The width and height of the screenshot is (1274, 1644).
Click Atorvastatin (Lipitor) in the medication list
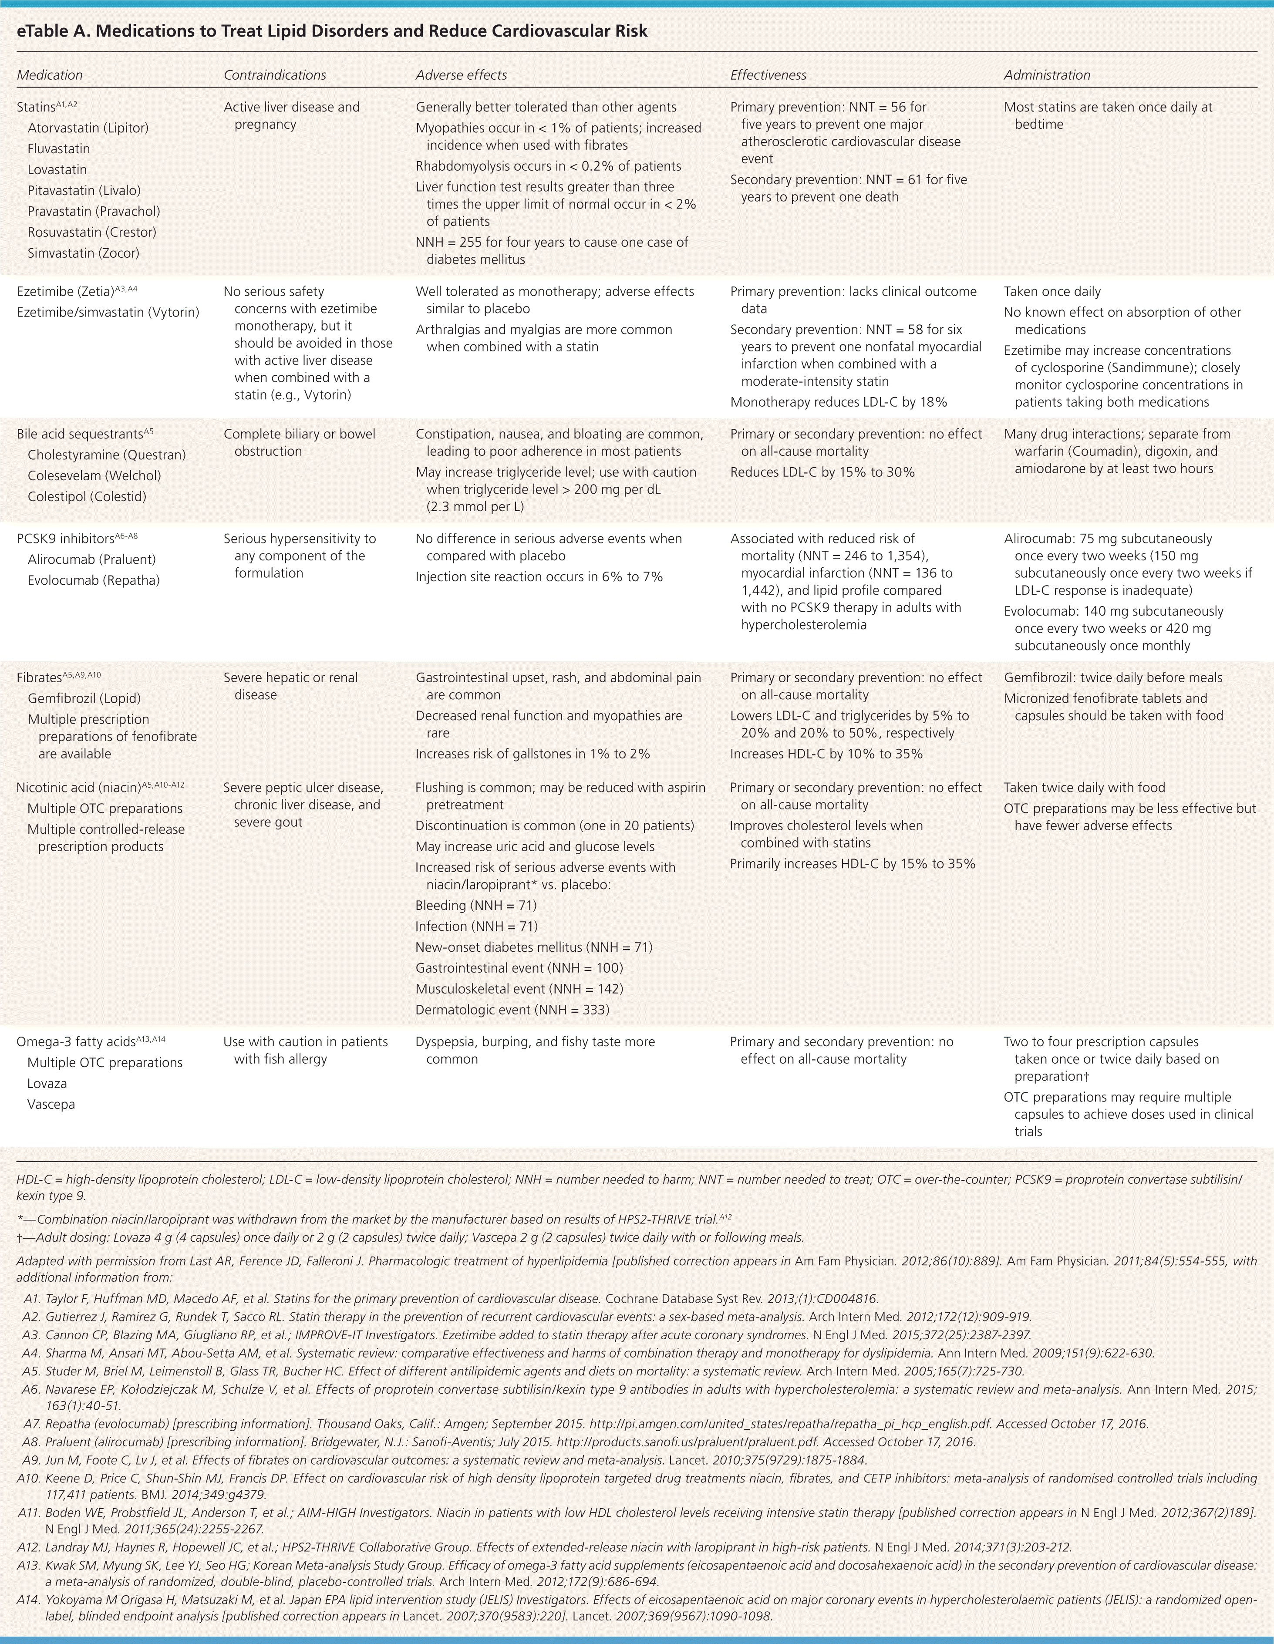88,128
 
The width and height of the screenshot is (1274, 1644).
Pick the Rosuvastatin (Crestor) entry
92,232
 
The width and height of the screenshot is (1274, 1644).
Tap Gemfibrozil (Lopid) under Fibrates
84,698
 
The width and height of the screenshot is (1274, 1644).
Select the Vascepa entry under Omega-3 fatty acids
51,1104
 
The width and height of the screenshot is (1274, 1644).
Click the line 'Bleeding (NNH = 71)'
476,906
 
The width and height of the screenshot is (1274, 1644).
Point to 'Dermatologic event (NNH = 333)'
512,1010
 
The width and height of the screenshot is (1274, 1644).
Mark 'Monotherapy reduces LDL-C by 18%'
838,402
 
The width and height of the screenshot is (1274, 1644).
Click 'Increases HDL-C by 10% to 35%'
826,754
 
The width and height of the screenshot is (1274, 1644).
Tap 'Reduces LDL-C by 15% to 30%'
822,472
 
